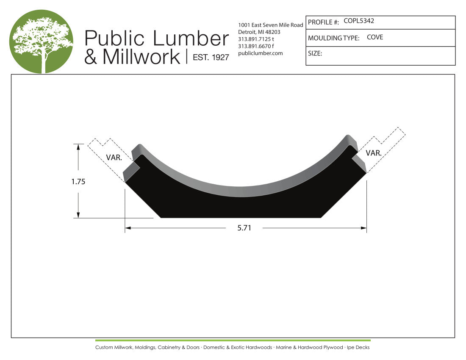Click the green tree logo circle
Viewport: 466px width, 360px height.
pyautogui.click(x=41, y=41)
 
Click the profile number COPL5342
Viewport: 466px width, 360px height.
pyautogui.click(x=359, y=21)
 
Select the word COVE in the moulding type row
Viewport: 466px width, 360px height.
pyautogui.click(x=375, y=37)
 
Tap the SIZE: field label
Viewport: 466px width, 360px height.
pyautogui.click(x=315, y=53)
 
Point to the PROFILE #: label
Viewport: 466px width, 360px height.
pyautogui.click(x=323, y=22)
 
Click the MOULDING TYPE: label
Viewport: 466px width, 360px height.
pyautogui.click(x=333, y=38)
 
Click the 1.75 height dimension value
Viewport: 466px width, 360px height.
pyautogui.click(x=78, y=182)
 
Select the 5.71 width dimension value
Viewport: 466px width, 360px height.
pyautogui.click(x=244, y=228)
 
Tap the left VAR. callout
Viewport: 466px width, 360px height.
pyautogui.click(x=114, y=158)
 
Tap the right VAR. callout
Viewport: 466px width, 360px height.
pyautogui.click(x=374, y=153)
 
